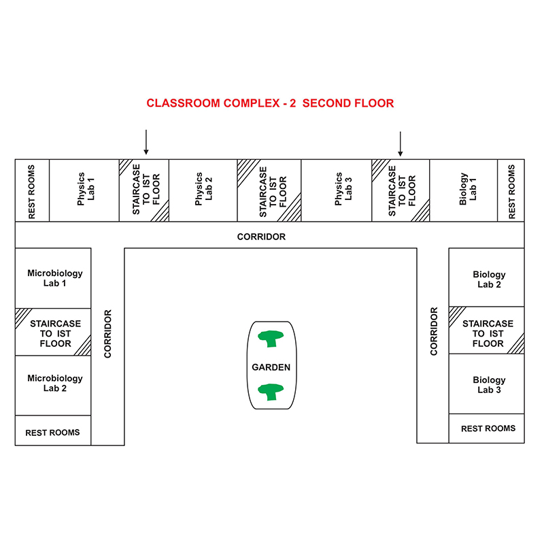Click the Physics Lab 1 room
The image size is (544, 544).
[x=84, y=190]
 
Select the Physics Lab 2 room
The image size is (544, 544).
[x=203, y=190]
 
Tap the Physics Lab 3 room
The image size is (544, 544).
[x=337, y=190]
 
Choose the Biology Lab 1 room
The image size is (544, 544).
[x=464, y=190]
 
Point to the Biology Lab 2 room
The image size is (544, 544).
[x=487, y=277]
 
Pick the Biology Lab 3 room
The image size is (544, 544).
[x=487, y=384]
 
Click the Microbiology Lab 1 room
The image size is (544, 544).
[x=53, y=278]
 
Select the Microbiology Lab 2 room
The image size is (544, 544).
[x=53, y=386]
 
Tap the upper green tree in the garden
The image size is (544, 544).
[x=271, y=338]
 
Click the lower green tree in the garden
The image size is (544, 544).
[x=271, y=392]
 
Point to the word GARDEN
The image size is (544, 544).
[x=271, y=367]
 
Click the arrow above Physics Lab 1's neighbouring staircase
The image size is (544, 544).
[x=146, y=142]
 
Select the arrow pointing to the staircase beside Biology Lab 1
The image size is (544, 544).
[x=401, y=144]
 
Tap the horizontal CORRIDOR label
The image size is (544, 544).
[x=261, y=237]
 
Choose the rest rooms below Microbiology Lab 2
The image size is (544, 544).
[x=53, y=430]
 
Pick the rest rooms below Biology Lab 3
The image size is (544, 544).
[x=487, y=428]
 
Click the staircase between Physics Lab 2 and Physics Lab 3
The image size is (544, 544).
[x=269, y=190]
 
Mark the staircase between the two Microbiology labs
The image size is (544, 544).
[x=53, y=332]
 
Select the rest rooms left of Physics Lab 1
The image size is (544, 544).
[x=32, y=190]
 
